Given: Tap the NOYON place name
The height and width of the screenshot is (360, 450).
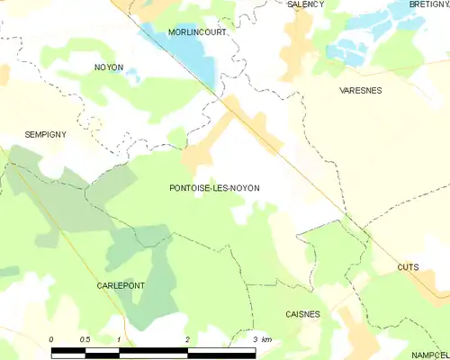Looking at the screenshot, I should [x=108, y=67].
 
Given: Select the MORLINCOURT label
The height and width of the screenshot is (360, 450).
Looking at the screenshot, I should [x=197, y=31].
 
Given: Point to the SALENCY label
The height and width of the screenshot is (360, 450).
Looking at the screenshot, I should [x=305, y=4].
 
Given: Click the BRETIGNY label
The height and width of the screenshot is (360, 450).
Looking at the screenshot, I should [x=428, y=4].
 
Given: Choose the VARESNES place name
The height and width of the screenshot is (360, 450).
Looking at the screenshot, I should [x=361, y=91].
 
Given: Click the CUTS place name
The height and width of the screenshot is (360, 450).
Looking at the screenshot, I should [x=408, y=267].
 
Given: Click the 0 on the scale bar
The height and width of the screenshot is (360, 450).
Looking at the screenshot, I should [x=51, y=338].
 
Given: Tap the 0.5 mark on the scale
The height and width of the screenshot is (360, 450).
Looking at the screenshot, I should [x=84, y=338].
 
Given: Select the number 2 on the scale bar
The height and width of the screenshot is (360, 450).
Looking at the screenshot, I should [x=186, y=338].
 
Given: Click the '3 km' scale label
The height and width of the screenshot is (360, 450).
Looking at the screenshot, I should [x=262, y=338].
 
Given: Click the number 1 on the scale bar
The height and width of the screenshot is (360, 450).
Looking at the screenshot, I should [x=119, y=338].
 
